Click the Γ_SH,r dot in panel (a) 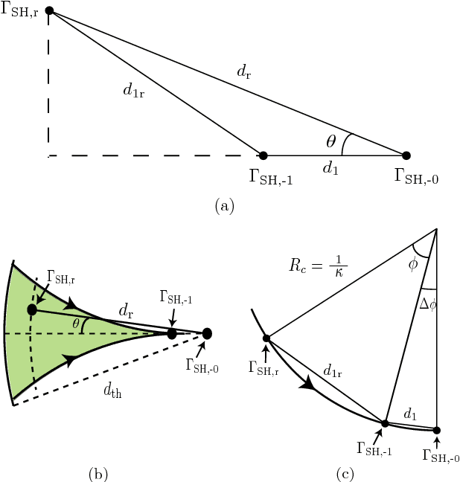(49, 10)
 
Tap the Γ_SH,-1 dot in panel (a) (263, 155)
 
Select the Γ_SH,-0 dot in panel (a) (406, 155)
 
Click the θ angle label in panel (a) (331, 139)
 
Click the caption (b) (98, 472)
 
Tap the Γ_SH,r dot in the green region (32, 309)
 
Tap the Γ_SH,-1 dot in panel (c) (385, 423)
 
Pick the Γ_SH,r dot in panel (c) (266, 339)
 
